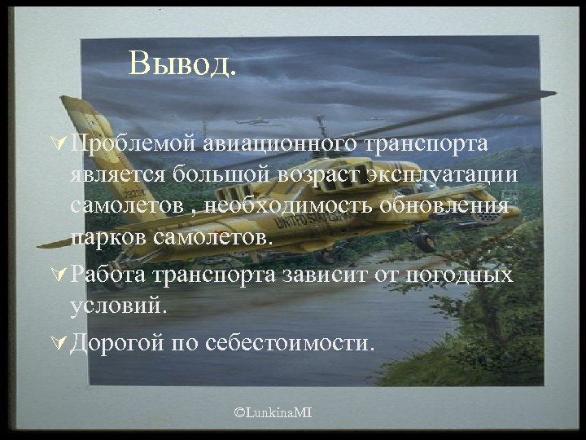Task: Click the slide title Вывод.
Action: [x=182, y=63]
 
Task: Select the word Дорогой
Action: [x=117, y=342]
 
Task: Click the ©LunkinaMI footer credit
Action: [x=273, y=415]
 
